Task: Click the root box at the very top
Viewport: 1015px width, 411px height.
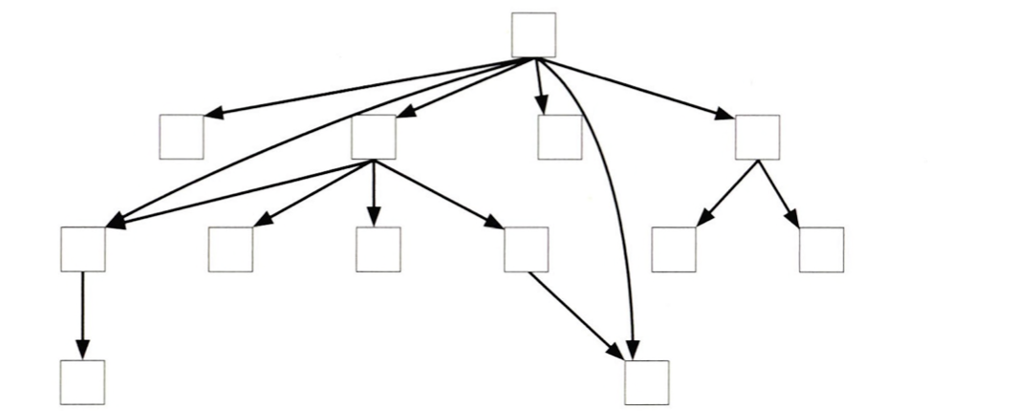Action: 533,35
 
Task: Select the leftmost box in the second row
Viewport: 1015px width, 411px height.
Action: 182,137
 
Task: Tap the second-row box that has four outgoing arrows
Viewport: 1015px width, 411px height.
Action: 373,137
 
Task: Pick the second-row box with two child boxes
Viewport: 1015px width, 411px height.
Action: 757,137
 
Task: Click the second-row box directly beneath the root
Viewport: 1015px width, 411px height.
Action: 559,137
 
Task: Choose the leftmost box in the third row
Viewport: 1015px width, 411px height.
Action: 82,249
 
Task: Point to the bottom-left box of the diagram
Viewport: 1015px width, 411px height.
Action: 82,382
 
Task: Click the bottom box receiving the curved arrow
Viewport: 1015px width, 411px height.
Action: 647,382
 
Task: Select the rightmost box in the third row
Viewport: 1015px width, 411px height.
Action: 821,249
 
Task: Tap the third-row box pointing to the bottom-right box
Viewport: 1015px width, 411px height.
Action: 526,249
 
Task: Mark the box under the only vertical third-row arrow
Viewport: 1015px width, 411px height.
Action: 378,249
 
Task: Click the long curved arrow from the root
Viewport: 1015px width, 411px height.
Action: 616,210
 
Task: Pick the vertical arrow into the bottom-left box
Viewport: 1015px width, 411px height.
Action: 82,315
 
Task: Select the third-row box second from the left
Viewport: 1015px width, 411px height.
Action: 230,249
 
